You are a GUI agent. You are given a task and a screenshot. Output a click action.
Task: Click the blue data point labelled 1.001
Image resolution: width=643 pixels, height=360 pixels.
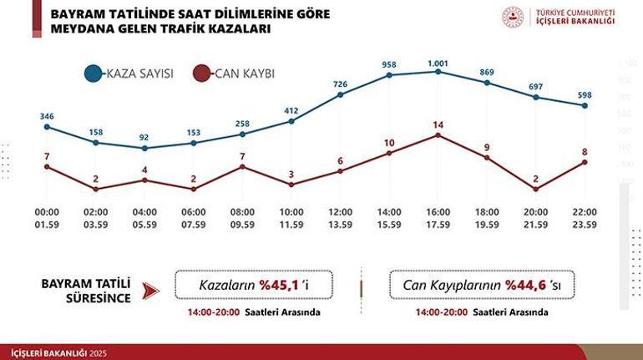(x=438, y=72)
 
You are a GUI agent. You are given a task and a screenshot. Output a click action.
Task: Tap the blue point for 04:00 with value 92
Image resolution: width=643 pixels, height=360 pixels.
(x=144, y=149)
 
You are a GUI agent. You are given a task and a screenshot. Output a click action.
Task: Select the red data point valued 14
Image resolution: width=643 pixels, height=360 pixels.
(x=438, y=134)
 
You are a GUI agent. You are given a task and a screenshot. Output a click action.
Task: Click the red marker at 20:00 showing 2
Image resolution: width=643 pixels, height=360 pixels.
(x=536, y=189)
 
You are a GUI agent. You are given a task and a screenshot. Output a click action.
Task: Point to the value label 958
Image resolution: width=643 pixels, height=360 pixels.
(x=389, y=63)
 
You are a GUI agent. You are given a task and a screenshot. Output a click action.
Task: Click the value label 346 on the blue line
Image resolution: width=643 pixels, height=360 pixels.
(x=46, y=115)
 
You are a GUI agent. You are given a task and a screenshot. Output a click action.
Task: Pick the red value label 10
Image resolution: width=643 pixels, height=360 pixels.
(x=389, y=142)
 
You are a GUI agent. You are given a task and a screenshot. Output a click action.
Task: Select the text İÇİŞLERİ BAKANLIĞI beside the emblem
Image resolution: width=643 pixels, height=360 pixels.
(x=575, y=23)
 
